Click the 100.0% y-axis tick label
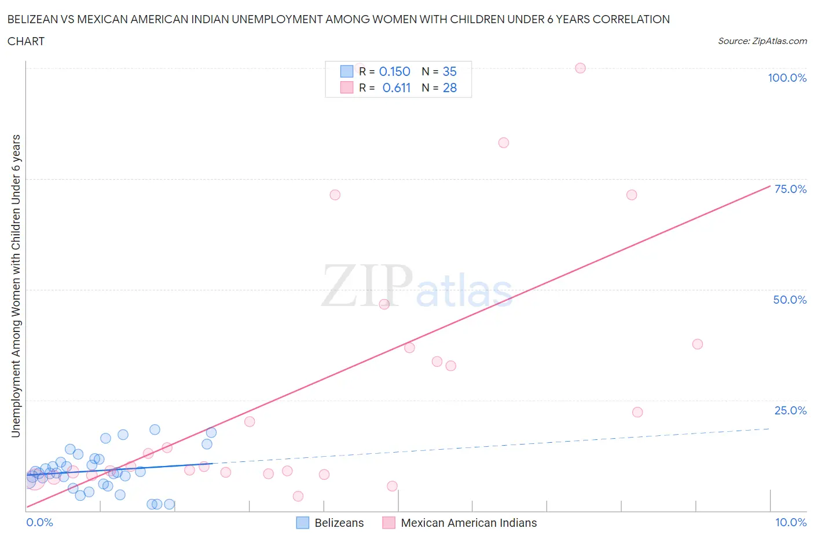click(787, 78)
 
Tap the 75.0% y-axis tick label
click(790, 189)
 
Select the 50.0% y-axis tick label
click(790, 300)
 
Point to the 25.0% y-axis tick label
click(790, 410)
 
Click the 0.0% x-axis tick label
click(39, 522)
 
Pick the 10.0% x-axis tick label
click(791, 522)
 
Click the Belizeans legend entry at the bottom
click(339, 523)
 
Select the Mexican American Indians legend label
click(468, 523)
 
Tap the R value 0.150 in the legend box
click(394, 71)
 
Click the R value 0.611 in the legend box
click(396, 88)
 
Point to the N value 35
click(449, 71)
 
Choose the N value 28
click(449, 88)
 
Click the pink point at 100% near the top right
click(580, 68)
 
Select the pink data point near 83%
click(504, 143)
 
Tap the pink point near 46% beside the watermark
click(384, 304)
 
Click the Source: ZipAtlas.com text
click(762, 41)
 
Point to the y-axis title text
click(16, 286)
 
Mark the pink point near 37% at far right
click(698, 344)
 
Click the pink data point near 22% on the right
click(637, 412)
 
